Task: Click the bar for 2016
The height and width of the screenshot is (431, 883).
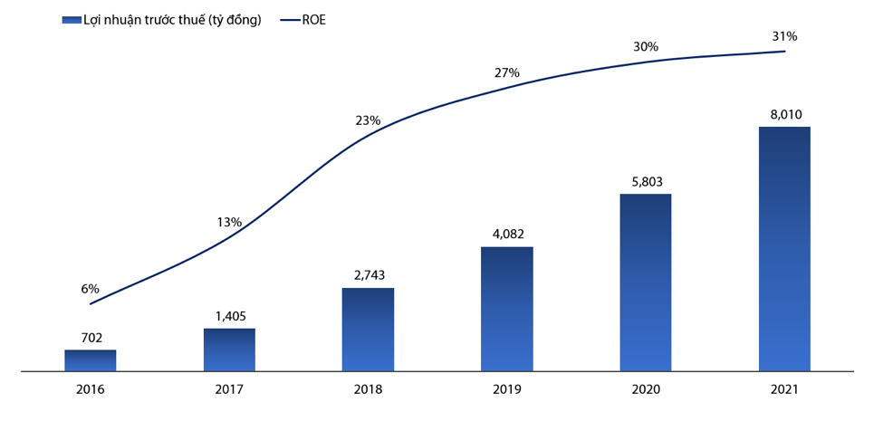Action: pyautogui.click(x=90, y=360)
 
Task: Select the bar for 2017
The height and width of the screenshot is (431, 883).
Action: pyautogui.click(x=229, y=350)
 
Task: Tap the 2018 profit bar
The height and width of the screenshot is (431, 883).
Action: pyautogui.click(x=368, y=330)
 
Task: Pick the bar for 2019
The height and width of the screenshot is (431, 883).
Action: pyautogui.click(x=506, y=309)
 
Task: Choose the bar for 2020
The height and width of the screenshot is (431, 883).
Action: pyautogui.click(x=646, y=283)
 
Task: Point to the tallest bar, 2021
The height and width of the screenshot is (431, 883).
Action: pyautogui.click(x=784, y=249)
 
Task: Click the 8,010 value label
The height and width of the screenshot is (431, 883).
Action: pyautogui.click(x=784, y=115)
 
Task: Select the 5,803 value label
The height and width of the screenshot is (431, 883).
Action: pyautogui.click(x=646, y=182)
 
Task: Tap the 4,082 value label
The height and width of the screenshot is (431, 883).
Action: pyautogui.click(x=506, y=235)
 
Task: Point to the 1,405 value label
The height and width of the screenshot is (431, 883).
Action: pyautogui.click(x=229, y=316)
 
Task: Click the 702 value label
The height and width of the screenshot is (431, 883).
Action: pyautogui.click(x=90, y=338)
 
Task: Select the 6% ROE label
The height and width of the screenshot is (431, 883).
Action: pyautogui.click(x=90, y=289)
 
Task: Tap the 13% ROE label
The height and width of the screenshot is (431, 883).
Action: pyautogui.click(x=229, y=222)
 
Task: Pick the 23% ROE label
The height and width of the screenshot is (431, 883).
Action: pyautogui.click(x=368, y=120)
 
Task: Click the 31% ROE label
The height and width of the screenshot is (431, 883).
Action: pyautogui.click(x=784, y=36)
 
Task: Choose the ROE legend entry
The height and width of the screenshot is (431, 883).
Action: pyautogui.click(x=303, y=20)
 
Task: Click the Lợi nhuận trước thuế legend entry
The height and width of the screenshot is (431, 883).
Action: pyautogui.click(x=163, y=20)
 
